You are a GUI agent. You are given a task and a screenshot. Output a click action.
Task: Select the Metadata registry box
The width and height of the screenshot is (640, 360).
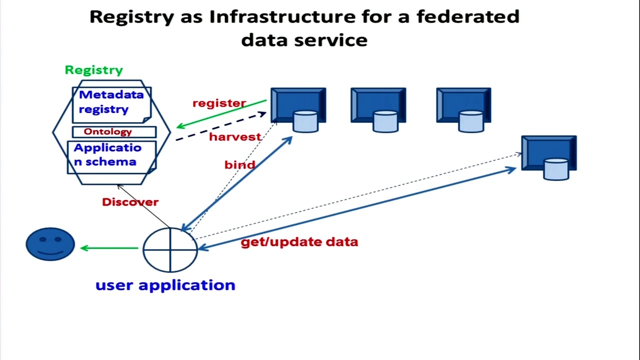coord(111,105)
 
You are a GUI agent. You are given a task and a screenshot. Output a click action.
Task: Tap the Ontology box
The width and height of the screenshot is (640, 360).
coord(114,132)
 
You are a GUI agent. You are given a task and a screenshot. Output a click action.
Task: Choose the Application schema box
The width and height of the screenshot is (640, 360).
coord(111,157)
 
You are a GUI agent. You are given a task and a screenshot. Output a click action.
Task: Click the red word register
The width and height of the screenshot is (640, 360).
coord(219,103)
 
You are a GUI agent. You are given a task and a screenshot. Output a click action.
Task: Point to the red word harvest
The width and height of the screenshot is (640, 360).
coord(235,137)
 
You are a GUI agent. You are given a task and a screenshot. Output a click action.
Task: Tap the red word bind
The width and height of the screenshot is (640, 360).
coord(239,164)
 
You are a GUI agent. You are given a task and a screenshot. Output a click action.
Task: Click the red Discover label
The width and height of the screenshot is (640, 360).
coord(130,202)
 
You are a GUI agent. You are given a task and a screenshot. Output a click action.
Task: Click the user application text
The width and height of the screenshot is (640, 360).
coord(165,285)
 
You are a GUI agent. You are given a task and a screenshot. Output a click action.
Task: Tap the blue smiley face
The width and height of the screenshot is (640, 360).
coord(50,244)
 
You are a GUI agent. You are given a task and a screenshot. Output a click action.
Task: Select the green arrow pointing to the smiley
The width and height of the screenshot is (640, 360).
coord(109,248)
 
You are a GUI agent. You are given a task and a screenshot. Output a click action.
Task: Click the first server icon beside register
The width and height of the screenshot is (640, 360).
coord(298,109)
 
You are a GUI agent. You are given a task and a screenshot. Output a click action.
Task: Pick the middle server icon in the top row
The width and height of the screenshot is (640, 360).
coord(378,109)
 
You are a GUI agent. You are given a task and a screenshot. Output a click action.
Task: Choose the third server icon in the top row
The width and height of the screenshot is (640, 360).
coord(463,109)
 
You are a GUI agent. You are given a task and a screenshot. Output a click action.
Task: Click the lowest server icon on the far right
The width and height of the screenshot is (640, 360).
coord(549,157)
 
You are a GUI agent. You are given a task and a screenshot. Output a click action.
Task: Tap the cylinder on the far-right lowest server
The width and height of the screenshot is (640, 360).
coord(556,169)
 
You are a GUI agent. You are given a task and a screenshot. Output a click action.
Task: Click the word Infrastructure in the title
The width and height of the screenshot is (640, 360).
coord(282,16)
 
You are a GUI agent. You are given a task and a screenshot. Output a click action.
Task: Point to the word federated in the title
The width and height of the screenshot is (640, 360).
coord(468,16)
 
